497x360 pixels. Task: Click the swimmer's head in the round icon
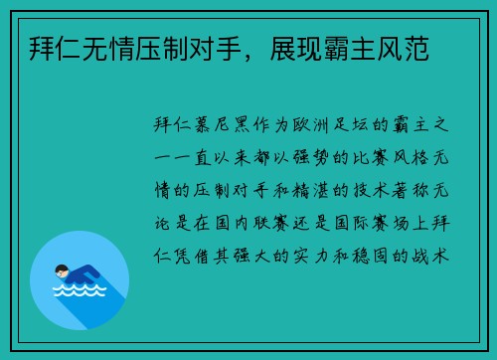point(63,270)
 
